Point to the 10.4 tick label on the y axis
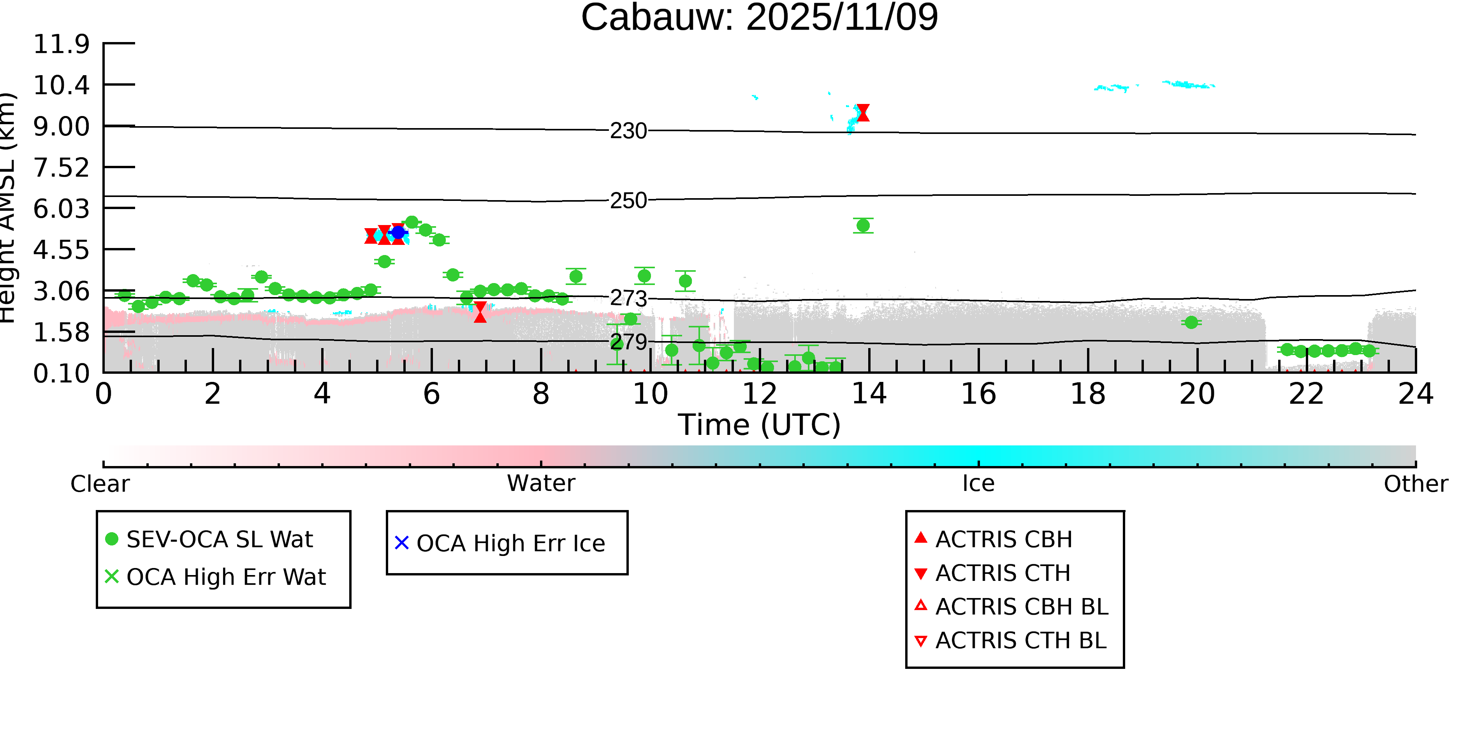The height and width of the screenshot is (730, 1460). coord(61,85)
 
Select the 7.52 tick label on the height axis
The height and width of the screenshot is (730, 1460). coord(61,168)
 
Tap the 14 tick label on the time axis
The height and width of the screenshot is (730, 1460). coord(869,394)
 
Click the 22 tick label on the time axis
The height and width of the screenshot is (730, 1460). coord(1306,394)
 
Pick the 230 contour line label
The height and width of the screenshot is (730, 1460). coord(628,131)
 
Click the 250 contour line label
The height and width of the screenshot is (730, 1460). coord(628,201)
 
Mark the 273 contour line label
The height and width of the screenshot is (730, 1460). coord(628,298)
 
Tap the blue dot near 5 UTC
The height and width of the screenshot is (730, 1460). coord(398,232)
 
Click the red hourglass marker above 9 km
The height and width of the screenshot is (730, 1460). coord(863,113)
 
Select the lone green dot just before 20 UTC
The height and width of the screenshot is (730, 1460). coord(1191,322)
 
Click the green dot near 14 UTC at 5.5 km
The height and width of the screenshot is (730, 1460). coord(863,225)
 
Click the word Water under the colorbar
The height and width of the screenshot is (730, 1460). coord(541,484)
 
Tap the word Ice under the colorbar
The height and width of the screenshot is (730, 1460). coord(978,484)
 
